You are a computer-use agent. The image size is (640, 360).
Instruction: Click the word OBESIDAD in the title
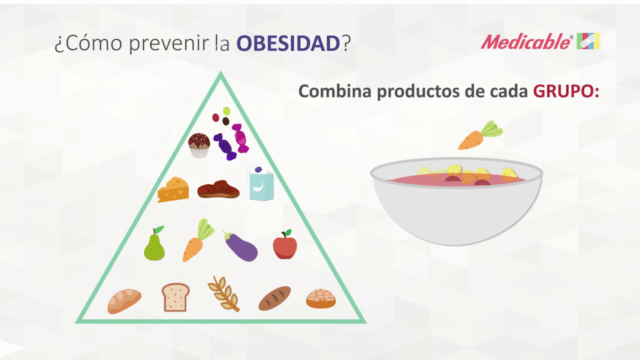click(288, 43)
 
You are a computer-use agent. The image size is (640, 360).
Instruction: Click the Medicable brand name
click(525, 41)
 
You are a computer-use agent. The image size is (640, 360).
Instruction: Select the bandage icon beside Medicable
click(588, 41)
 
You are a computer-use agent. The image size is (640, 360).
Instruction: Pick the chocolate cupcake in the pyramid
click(199, 145)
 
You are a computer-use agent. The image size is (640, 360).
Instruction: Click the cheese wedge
click(173, 189)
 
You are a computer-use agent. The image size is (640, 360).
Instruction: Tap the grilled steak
click(218, 189)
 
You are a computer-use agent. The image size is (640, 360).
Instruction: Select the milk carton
click(261, 183)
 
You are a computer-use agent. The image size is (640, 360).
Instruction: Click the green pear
click(154, 243)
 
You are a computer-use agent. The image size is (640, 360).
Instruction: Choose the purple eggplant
click(240, 246)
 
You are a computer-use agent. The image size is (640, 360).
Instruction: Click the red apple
click(285, 244)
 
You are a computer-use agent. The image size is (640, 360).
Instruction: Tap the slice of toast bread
click(175, 297)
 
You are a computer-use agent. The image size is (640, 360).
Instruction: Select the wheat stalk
click(224, 293)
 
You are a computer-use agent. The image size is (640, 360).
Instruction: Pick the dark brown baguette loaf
click(274, 298)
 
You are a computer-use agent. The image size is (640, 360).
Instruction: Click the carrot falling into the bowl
click(480, 135)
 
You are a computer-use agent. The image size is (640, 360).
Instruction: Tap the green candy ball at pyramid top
click(226, 111)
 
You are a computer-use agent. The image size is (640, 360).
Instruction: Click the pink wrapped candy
click(240, 138)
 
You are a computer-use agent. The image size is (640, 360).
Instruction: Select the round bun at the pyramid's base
click(321, 298)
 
